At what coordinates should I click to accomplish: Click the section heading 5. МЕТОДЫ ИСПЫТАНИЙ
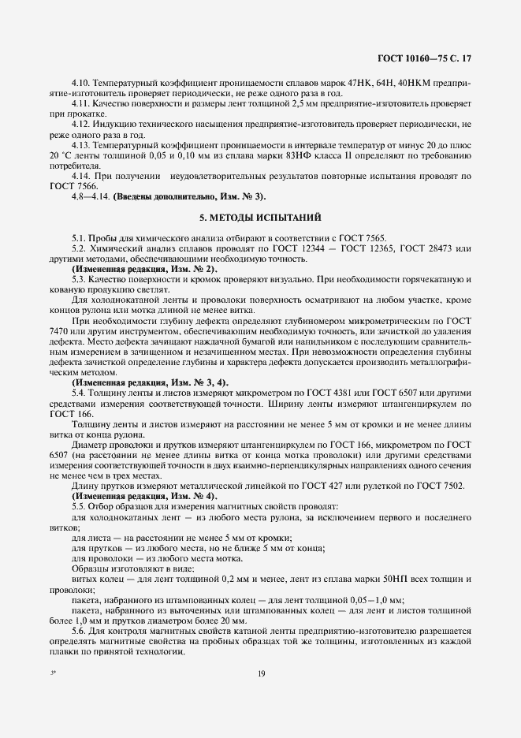coord(259,218)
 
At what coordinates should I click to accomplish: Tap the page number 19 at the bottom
coord(260,672)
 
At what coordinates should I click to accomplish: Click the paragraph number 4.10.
coord(80,83)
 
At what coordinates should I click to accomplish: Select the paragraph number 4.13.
coord(80,146)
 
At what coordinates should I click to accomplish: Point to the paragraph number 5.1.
coord(79,238)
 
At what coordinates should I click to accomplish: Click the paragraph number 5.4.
coord(79,392)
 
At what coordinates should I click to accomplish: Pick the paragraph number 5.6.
coord(79,630)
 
